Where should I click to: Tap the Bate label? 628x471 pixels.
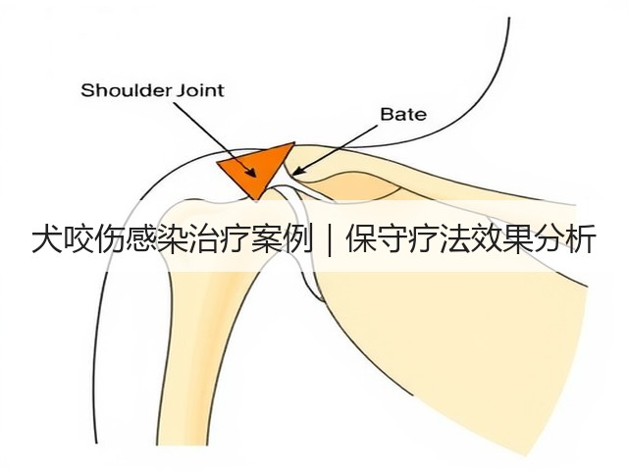403,115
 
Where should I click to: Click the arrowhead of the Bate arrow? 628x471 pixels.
298,171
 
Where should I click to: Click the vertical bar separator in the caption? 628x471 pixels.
330,239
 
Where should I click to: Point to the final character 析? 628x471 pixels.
580,239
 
